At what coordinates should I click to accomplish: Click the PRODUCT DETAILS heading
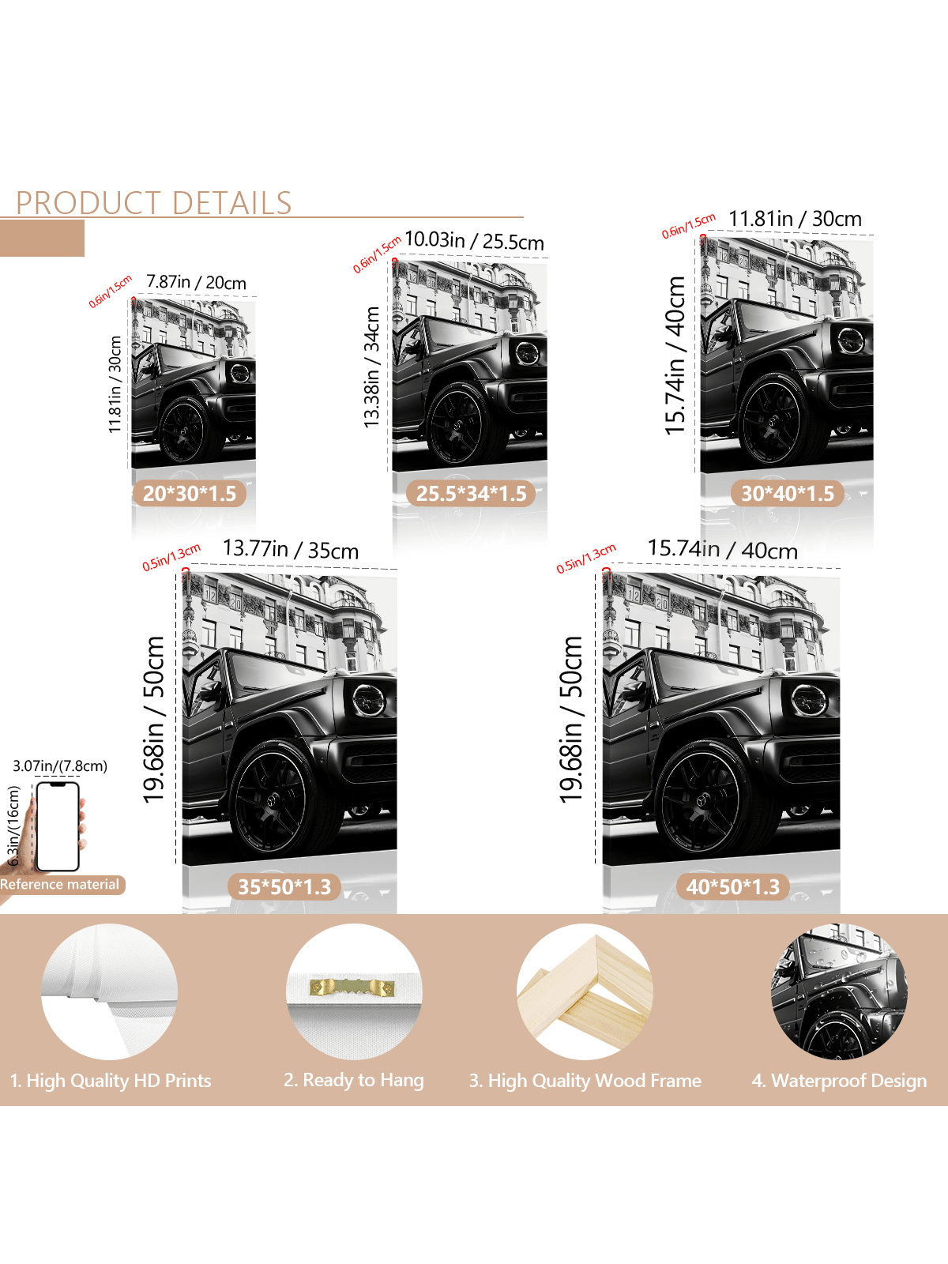coord(154,203)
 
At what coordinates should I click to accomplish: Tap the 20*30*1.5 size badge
coord(190,494)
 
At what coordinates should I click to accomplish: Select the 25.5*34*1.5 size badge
coord(471,494)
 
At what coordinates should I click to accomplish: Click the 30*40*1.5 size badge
coord(787,494)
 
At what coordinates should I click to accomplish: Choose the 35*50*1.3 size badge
coord(284,887)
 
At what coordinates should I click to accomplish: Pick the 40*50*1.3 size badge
coord(732,887)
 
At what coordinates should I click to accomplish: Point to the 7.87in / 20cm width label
coord(196,282)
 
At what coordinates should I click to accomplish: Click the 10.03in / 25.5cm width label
coord(474,241)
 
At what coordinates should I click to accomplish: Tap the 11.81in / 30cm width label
coord(795,219)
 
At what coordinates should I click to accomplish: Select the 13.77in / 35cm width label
coord(291,549)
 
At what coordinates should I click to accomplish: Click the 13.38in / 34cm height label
coord(372,367)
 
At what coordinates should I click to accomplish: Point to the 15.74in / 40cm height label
coord(675,355)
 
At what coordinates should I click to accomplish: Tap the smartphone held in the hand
coord(58,826)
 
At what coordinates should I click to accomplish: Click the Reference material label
coord(59,884)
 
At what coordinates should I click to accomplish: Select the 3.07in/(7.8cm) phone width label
coord(60,766)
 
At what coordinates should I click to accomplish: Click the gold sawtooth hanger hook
coord(352,988)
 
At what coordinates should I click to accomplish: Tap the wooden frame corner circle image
coord(585,991)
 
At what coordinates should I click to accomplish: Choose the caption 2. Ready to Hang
coord(353,1080)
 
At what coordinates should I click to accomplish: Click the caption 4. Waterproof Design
coord(839,1081)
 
